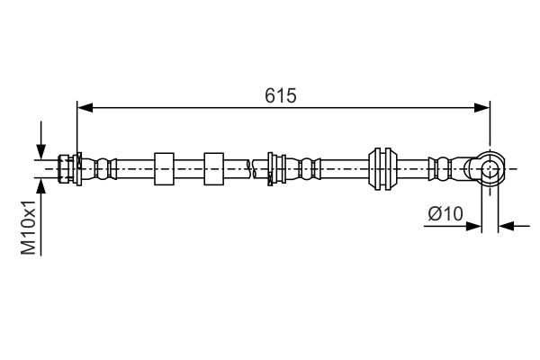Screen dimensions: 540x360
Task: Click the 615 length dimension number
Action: point(280,95)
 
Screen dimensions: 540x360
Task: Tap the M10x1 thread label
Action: point(29,227)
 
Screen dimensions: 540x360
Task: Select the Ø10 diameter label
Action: point(445,214)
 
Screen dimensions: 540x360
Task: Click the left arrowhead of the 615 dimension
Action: point(85,107)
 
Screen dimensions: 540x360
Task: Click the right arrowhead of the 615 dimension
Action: point(481,107)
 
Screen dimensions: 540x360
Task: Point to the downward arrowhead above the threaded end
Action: point(41,152)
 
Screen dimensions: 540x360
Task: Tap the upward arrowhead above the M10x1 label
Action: point(41,186)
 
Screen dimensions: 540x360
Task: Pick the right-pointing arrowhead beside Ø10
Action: point(473,226)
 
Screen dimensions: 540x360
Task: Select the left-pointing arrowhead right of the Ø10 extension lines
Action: point(506,226)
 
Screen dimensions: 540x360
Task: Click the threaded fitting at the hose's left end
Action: point(66,169)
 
